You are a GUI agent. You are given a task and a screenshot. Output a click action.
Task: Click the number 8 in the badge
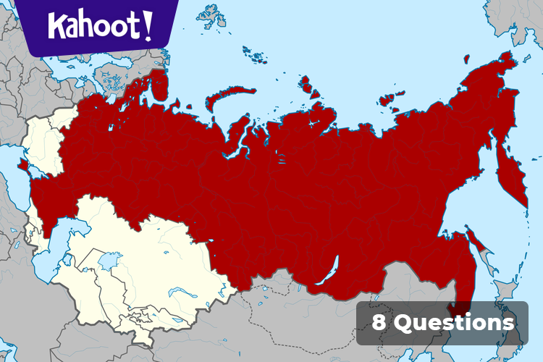coord(379,322)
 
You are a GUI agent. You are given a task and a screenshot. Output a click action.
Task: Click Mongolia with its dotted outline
coord(326,311)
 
